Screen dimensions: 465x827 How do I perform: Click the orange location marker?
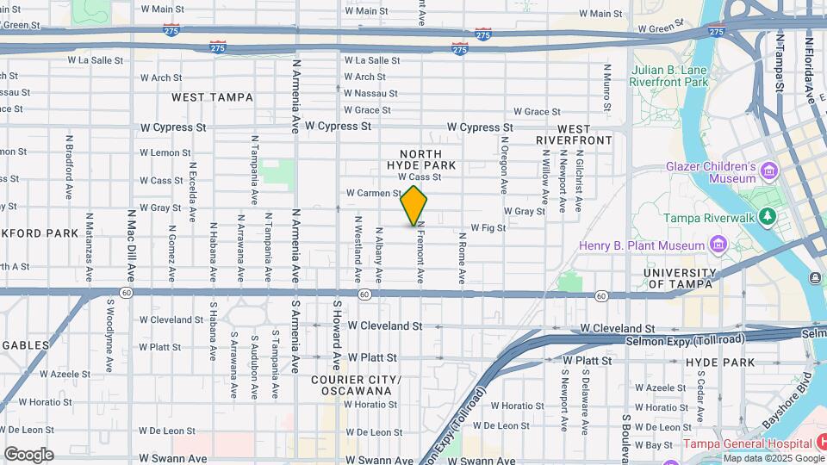pyautogui.click(x=414, y=206)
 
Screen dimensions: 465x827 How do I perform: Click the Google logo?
pyautogui.click(x=28, y=455)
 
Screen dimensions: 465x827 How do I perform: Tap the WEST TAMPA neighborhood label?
pyautogui.click(x=212, y=97)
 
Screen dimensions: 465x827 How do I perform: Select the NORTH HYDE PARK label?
pyautogui.click(x=421, y=159)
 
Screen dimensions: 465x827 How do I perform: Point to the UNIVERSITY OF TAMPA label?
pyautogui.click(x=679, y=278)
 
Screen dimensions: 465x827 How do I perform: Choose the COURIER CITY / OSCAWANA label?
pyautogui.click(x=356, y=385)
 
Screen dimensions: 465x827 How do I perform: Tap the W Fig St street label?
pyautogui.click(x=488, y=228)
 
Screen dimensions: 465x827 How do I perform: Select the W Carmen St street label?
pyautogui.click(x=373, y=194)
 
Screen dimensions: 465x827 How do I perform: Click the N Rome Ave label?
pyautogui.click(x=463, y=262)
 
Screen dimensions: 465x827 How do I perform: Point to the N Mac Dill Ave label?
pyautogui.click(x=131, y=244)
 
